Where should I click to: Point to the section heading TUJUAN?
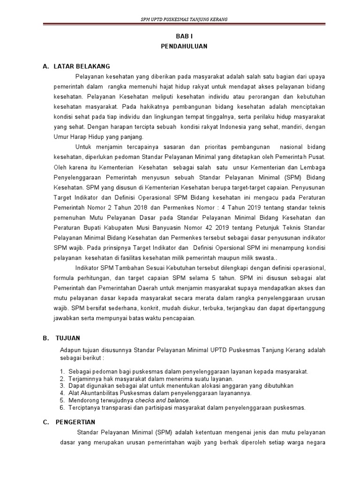coord(67,337)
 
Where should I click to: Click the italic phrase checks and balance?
coord(162,401)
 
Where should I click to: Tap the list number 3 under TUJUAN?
coord(62,386)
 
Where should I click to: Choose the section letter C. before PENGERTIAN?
coord(45,422)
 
